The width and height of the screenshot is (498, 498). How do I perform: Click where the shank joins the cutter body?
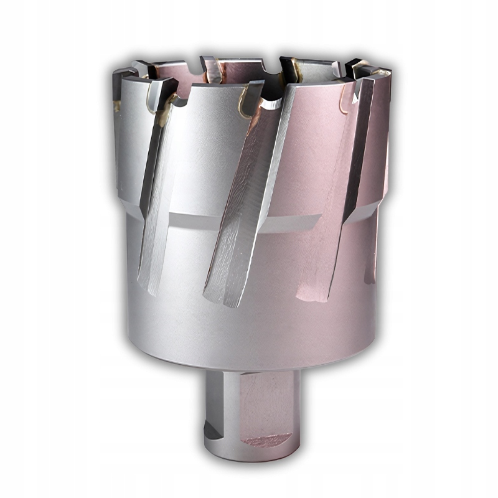[x=252, y=371]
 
